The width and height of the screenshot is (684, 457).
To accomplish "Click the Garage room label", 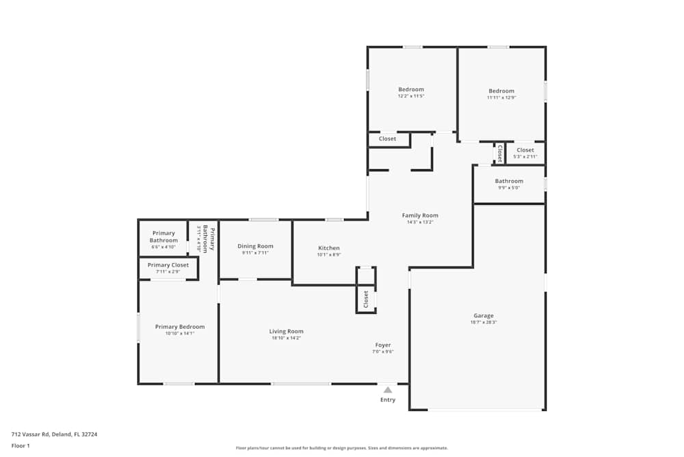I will [484, 316].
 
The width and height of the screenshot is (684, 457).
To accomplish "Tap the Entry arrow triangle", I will [388, 390].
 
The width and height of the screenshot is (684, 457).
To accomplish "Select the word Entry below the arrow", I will [388, 400].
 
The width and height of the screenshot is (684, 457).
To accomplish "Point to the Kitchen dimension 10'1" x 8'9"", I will [328, 255].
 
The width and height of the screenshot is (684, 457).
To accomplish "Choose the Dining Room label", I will [255, 246].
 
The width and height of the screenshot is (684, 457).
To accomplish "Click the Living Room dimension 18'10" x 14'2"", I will [286, 338].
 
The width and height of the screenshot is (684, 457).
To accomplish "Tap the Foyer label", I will [383, 345].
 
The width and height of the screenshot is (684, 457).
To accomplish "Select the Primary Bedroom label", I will [180, 327].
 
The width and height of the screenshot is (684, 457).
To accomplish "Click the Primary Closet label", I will [168, 265].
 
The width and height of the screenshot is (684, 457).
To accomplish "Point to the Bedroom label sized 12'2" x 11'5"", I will [411, 89].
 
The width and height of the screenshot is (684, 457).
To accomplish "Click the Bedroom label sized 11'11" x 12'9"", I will [501, 91].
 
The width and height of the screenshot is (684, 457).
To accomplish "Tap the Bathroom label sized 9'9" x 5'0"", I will [509, 182].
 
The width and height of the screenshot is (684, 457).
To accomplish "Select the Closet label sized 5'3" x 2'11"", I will [525, 150].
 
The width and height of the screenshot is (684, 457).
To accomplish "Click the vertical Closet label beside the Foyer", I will [366, 299].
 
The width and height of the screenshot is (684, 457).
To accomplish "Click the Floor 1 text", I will [21, 445].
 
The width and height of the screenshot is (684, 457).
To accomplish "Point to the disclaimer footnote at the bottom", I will [341, 447].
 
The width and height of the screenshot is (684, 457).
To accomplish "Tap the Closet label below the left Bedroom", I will [387, 139].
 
